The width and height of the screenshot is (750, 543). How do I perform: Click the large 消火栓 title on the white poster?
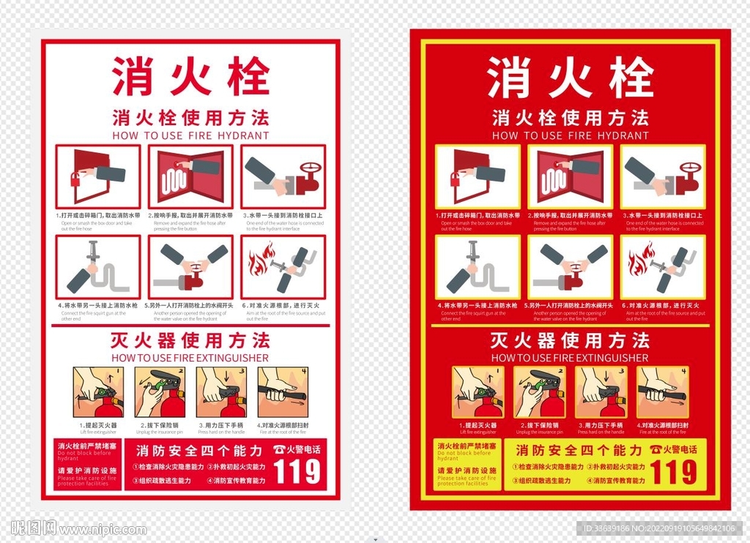pos(190,77)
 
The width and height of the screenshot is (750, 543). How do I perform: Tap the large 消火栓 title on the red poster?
pos(570,78)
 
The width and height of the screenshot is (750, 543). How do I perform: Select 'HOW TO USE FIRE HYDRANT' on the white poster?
pos(190,135)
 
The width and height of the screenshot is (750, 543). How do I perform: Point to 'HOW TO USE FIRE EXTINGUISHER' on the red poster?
pos(570,358)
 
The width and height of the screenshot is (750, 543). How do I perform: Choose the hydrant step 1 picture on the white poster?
pos(97,176)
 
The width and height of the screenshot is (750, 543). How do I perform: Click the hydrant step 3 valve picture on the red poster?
pos(663,176)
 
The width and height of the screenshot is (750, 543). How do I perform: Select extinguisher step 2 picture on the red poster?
pos(539,392)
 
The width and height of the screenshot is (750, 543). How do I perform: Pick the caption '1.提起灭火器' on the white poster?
pos(98,425)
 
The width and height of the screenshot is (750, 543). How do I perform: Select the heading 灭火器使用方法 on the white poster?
pos(190,340)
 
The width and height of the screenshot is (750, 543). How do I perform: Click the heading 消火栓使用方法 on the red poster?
pos(570,118)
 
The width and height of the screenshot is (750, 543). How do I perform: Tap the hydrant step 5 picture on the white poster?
pos(190,267)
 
